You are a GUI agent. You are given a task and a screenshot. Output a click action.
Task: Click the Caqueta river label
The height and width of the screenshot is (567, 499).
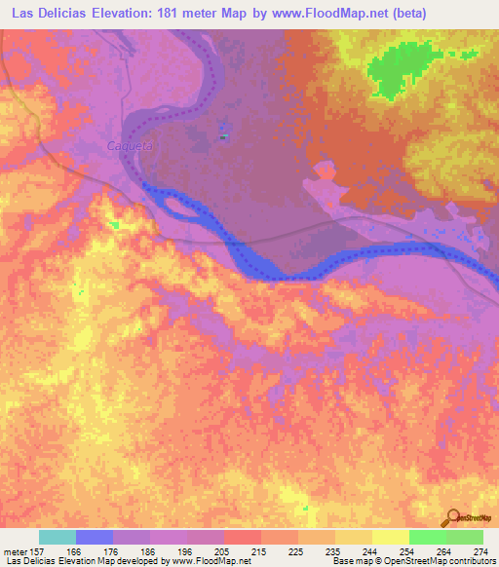click(x=126, y=146)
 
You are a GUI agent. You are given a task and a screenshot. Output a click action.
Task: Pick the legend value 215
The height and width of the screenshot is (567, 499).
click(x=244, y=550)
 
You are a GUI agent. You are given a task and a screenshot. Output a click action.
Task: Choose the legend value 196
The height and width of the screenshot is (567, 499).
click(x=170, y=550)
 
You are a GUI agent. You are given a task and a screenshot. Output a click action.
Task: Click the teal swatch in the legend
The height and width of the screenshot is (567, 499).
click(x=58, y=537)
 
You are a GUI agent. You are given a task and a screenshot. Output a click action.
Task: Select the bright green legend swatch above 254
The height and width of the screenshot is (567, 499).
click(x=427, y=537)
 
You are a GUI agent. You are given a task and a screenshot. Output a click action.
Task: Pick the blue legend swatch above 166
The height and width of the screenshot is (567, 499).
click(x=95, y=537)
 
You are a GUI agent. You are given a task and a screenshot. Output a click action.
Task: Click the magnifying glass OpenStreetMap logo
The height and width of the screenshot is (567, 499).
click(x=453, y=518)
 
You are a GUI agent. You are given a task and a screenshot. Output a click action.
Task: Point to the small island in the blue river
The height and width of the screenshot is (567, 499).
click(x=180, y=203)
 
